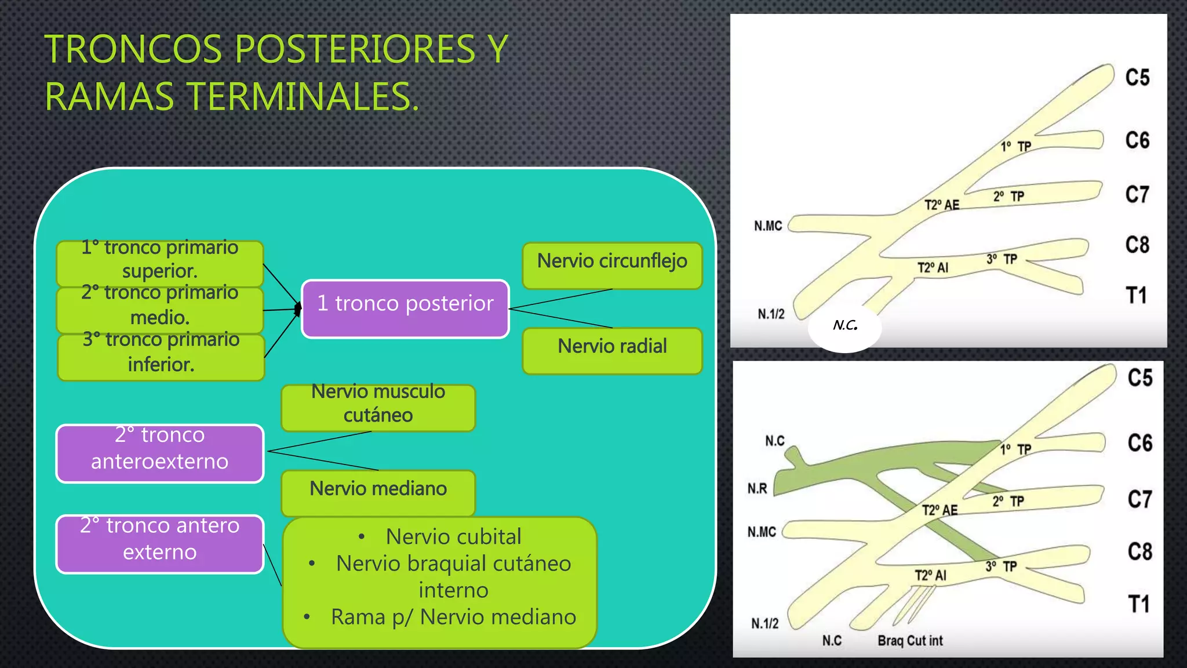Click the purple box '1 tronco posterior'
tap(405, 308)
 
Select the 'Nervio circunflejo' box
tap(612, 266)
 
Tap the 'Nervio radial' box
tap(612, 350)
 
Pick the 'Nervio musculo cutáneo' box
tap(378, 407)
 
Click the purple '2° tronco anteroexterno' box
tap(159, 453)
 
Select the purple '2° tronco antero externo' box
tap(159, 543)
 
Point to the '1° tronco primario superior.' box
tap(159, 262)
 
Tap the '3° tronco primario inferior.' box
tap(161, 356)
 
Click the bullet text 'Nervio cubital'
tap(453, 537)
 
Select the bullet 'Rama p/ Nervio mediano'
tap(453, 617)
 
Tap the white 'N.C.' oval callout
tap(844, 326)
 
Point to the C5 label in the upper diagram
tap(1137, 78)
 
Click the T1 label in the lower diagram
tap(1139, 604)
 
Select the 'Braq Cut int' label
tap(910, 641)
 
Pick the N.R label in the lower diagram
tap(757, 489)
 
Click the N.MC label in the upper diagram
tap(768, 226)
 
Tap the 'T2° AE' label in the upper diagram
tap(942, 205)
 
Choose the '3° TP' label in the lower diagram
tap(1001, 566)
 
